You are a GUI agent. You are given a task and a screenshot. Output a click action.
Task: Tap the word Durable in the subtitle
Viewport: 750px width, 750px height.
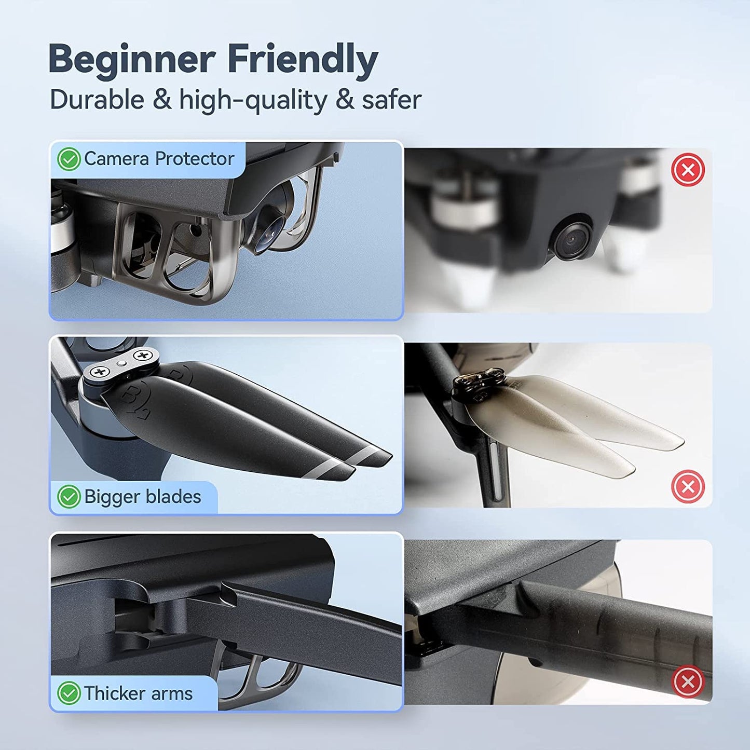[97, 100]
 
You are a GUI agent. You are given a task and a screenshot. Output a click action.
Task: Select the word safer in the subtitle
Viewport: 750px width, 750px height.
[391, 100]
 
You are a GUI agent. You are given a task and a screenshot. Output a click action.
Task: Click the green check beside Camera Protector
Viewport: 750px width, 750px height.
[69, 159]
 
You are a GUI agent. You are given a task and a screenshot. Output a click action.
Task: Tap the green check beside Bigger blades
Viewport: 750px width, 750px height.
[69, 497]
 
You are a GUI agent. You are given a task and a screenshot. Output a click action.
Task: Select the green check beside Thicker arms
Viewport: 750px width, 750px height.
[69, 693]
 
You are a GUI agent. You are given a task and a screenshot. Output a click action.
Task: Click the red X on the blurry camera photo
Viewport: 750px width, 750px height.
[688, 170]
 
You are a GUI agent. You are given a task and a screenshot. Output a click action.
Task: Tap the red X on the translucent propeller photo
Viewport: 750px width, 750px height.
[688, 486]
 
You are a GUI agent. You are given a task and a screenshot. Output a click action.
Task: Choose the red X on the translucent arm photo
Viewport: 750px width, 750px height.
[688, 681]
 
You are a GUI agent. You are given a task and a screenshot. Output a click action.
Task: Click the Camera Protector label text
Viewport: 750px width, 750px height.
[159, 159]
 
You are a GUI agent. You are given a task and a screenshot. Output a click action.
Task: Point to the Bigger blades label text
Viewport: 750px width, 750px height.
[142, 497]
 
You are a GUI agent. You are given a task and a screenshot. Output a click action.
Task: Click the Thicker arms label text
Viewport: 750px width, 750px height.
[138, 693]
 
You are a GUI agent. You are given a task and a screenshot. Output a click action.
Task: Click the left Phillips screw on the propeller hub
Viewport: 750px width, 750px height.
[100, 373]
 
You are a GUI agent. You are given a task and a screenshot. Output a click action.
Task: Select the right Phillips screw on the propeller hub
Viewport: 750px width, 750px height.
[144, 356]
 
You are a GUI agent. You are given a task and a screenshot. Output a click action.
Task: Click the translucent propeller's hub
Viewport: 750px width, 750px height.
[479, 383]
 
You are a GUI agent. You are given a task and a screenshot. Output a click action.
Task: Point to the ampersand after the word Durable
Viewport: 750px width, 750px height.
[161, 100]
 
